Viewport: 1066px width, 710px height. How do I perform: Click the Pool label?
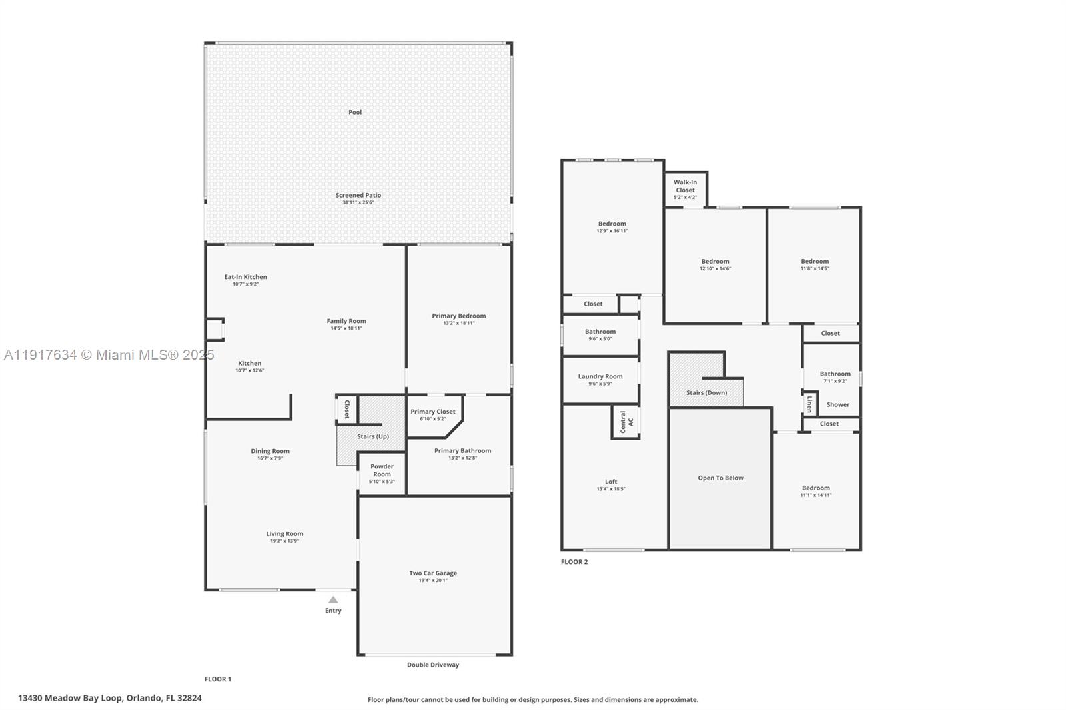(x=355, y=112)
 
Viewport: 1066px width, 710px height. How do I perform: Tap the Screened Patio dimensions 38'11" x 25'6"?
(x=358, y=202)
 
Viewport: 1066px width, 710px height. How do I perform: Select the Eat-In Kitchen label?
(x=245, y=277)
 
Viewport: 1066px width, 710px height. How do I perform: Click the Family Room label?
(x=346, y=321)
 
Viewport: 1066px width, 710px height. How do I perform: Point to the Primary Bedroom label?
(x=458, y=316)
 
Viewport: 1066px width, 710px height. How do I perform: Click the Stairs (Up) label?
(x=373, y=436)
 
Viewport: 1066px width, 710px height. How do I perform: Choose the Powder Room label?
(x=382, y=470)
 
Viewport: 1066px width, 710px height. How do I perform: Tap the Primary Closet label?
(x=433, y=412)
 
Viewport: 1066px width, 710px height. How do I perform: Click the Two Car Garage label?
(x=433, y=573)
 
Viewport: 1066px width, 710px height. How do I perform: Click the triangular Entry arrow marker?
(x=333, y=600)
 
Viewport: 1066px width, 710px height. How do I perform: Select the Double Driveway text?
(x=433, y=665)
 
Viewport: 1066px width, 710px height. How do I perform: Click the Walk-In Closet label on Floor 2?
(x=685, y=186)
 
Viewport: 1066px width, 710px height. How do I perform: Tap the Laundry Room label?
(x=600, y=376)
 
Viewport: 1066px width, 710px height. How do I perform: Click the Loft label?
(x=611, y=482)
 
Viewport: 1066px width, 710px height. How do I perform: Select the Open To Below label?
(x=720, y=478)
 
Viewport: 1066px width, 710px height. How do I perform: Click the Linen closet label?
(x=809, y=404)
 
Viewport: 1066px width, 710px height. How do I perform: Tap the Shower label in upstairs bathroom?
(x=837, y=404)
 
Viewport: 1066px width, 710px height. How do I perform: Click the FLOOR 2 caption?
(x=574, y=562)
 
